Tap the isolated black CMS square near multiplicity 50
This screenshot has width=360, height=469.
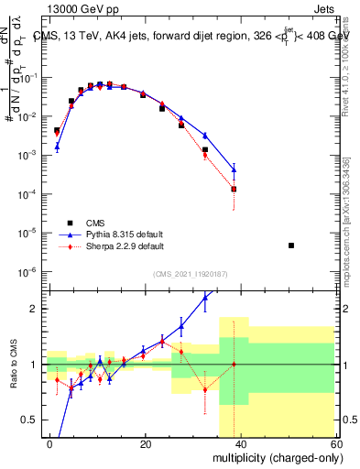point(291,245)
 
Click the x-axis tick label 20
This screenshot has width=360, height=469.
point(146,444)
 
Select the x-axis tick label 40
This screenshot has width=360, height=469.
point(240,444)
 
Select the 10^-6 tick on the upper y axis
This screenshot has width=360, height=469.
point(29,272)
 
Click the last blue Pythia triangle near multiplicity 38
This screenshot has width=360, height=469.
point(235,169)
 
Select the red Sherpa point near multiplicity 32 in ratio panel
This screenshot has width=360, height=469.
point(205,389)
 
